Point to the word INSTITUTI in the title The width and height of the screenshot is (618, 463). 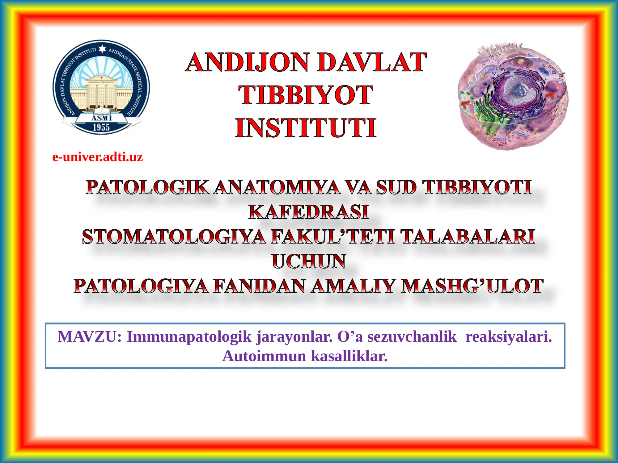[x=306, y=128]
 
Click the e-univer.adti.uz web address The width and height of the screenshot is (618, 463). [x=97, y=157]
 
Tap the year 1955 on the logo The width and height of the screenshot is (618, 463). [x=101, y=127]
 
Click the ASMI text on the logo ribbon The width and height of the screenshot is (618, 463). [x=101, y=118]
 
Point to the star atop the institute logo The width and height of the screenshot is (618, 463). [x=102, y=49]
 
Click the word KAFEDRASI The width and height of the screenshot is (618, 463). [x=308, y=212]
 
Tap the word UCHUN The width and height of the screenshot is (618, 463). [x=308, y=261]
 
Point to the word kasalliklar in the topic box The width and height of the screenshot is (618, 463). [x=349, y=356]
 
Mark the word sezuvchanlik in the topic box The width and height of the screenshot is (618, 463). [x=412, y=336]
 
